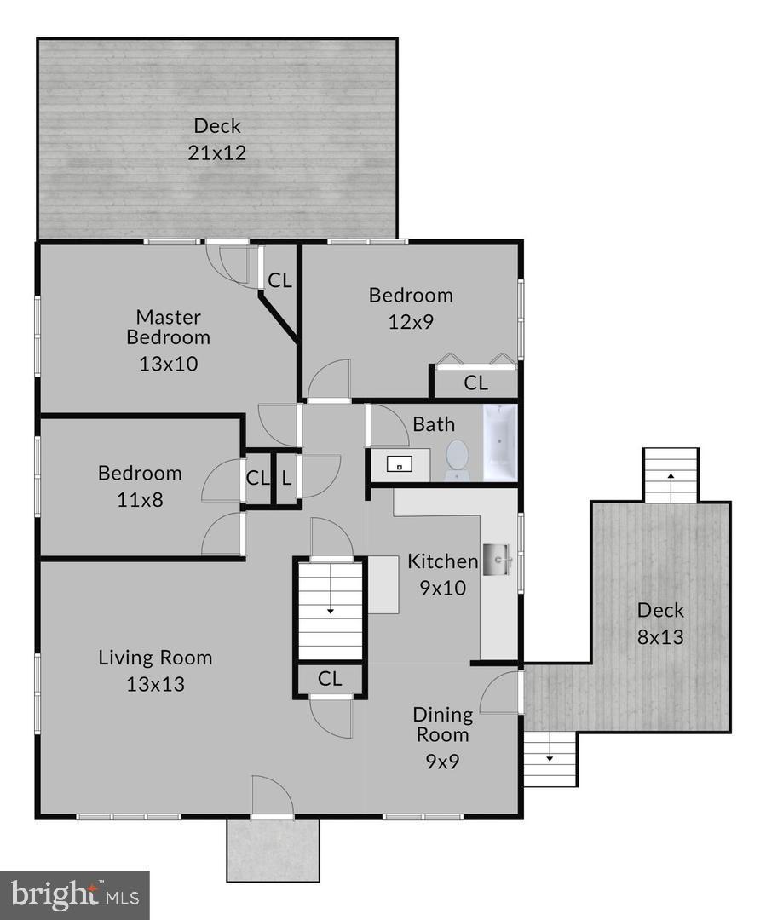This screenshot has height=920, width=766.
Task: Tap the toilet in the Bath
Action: point(457,458)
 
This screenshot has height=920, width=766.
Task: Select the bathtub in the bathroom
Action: point(499,443)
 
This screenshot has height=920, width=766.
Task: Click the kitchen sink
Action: point(498,559)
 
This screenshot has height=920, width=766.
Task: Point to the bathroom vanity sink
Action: point(399,465)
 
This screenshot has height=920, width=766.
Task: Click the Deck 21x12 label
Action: point(217,139)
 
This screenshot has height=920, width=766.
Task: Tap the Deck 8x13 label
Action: point(660,623)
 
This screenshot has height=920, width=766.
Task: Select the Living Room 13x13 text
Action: point(155,670)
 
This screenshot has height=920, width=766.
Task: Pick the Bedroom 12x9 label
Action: point(410,307)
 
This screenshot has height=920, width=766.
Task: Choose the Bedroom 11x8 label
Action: point(140,485)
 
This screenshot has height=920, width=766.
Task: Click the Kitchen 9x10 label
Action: point(442,573)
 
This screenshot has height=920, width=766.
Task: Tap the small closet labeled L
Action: point(286,478)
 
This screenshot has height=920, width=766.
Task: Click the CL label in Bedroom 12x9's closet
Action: point(475,383)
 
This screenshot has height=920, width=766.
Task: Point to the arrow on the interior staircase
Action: point(330,608)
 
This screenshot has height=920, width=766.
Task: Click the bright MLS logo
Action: point(74,894)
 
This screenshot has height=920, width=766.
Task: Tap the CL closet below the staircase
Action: point(330,679)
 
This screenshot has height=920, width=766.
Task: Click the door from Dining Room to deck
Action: point(502,692)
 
